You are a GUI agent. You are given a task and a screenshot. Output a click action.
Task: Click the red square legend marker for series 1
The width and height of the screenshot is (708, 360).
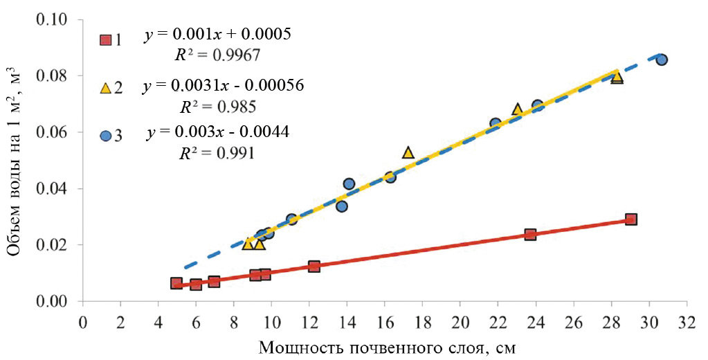click(105, 39)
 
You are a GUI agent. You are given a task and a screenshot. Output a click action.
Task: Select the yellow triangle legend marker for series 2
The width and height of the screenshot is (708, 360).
click(105, 88)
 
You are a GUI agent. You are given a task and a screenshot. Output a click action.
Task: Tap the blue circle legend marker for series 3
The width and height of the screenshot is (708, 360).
click(105, 136)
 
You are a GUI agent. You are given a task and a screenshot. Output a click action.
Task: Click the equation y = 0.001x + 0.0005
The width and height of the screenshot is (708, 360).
click(217, 33)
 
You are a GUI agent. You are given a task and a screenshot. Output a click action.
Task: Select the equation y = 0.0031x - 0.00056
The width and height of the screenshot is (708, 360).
click(224, 87)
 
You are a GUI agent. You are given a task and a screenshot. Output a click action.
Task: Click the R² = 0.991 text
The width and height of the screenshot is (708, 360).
click(217, 153)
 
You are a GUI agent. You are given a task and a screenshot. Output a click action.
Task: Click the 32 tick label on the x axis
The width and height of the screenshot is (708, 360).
click(687, 322)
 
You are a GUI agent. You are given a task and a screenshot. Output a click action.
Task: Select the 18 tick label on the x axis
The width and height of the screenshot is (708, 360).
click(422, 322)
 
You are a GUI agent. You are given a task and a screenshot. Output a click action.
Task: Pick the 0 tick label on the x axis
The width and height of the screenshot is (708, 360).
click(83, 322)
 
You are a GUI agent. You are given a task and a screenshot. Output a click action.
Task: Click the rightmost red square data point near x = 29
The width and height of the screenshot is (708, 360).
click(630, 219)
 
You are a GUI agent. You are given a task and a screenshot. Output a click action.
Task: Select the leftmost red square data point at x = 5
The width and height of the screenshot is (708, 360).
click(176, 283)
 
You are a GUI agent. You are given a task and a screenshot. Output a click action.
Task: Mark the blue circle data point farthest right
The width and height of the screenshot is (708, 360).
click(661, 60)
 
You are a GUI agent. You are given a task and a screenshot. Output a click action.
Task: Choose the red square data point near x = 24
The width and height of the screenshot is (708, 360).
click(530, 234)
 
